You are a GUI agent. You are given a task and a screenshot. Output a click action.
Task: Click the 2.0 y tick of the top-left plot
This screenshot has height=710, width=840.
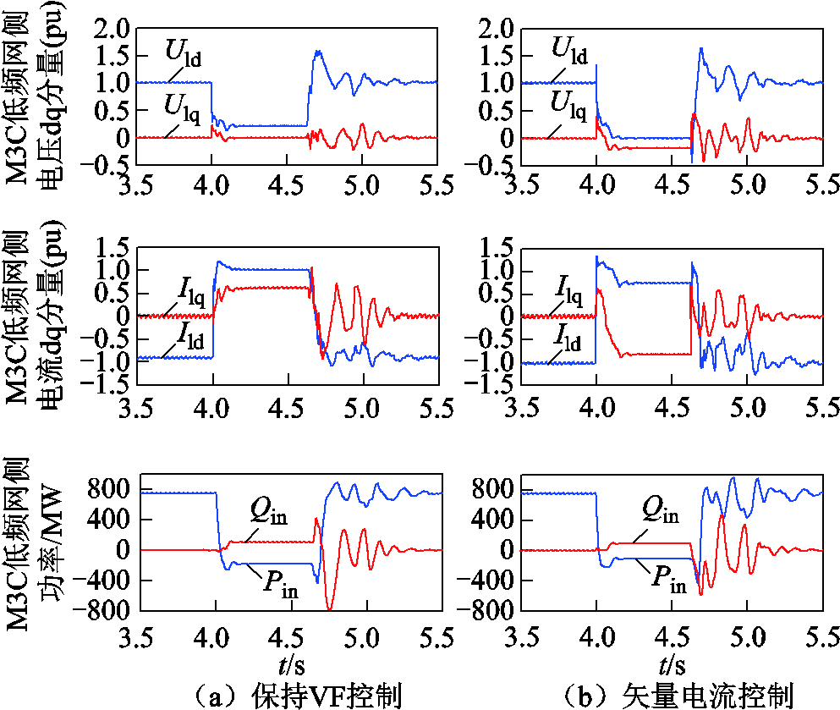pos(113,30)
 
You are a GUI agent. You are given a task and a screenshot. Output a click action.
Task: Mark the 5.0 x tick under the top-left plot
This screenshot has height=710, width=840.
pos(363,184)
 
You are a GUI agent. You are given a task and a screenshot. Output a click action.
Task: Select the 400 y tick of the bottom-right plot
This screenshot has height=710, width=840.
pos(493,520)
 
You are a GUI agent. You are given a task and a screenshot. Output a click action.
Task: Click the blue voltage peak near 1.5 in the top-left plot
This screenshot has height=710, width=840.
pos(317,52)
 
